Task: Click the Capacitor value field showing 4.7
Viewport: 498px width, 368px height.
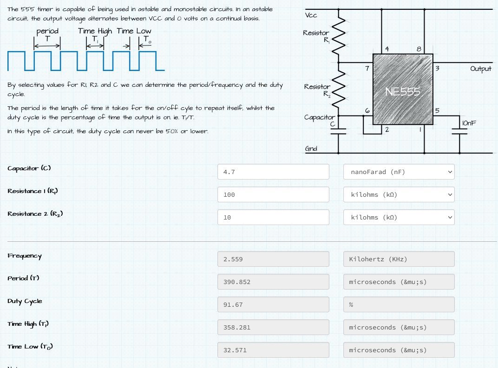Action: click(x=273, y=172)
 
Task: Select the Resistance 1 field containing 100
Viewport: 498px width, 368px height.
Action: click(x=273, y=194)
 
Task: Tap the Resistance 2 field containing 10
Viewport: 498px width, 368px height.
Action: click(x=273, y=217)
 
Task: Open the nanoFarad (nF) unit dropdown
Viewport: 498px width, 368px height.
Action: click(x=399, y=172)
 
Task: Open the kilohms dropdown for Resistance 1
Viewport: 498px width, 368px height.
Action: click(x=399, y=194)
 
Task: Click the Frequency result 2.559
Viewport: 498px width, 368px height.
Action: click(x=273, y=259)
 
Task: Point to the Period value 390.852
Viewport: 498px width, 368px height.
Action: click(x=273, y=282)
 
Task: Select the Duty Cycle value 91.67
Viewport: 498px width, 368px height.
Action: click(x=273, y=304)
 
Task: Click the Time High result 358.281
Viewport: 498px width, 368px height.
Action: click(x=273, y=327)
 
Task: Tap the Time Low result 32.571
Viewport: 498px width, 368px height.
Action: click(x=273, y=350)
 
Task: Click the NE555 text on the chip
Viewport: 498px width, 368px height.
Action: click(x=402, y=92)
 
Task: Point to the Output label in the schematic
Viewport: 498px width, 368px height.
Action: click(x=480, y=69)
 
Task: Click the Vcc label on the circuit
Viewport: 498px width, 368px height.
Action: click(x=311, y=15)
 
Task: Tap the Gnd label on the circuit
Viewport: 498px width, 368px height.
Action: click(x=311, y=148)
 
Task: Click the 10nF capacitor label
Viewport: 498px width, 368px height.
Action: click(x=469, y=123)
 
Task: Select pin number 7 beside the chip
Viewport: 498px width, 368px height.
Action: click(x=367, y=68)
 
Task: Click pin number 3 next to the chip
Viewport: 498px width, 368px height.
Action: click(x=437, y=68)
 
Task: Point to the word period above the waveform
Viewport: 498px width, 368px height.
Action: click(x=47, y=31)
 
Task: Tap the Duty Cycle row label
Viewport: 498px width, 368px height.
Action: click(x=25, y=301)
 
